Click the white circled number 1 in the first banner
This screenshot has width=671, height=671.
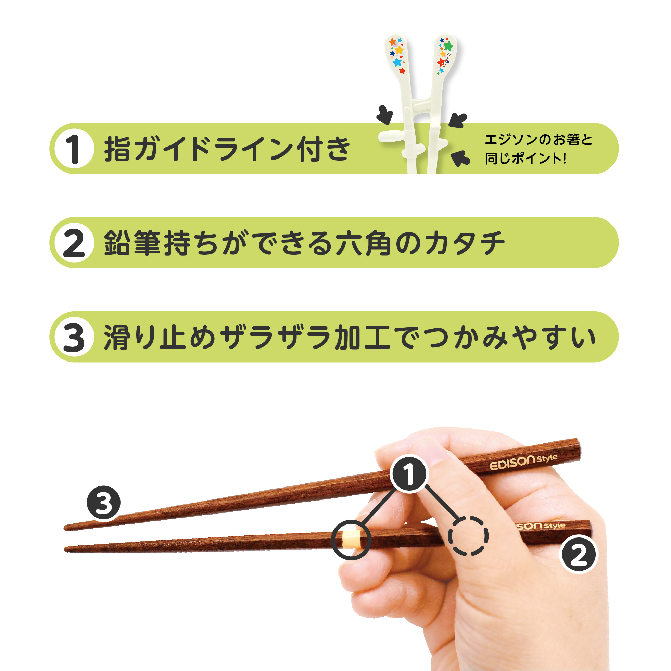74,149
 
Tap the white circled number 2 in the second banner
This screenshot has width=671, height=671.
74,243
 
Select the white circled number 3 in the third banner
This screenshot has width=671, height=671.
74,337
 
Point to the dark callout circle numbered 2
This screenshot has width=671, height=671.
578,554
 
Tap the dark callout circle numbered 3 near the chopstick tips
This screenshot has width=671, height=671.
103,503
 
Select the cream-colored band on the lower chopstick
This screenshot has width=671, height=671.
351,540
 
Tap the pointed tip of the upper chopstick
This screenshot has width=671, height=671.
65,528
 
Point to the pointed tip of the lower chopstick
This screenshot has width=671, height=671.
66,549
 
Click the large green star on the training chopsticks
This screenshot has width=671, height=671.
448,46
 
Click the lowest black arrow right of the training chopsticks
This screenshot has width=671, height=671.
460,158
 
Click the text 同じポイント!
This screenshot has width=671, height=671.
526,159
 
